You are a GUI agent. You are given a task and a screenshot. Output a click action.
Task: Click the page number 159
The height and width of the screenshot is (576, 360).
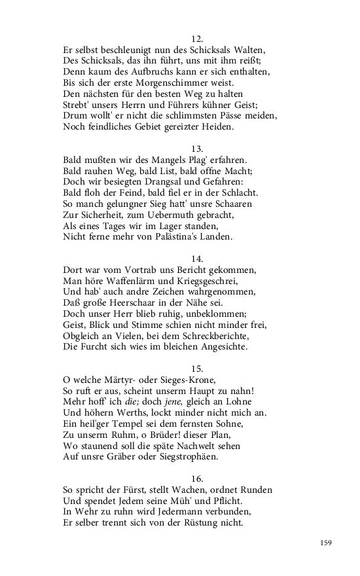327,542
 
